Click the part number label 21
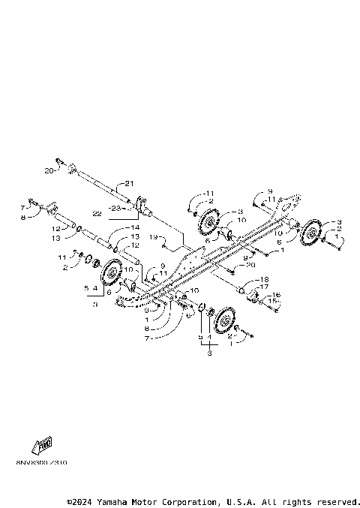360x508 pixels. (x=128, y=184)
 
